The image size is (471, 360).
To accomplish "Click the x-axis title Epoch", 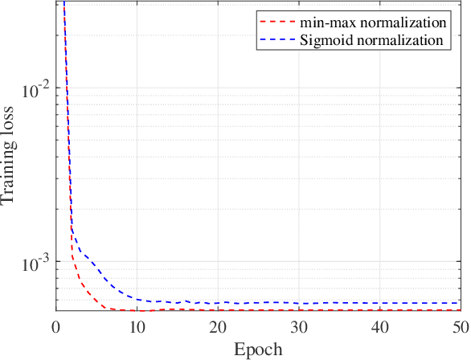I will coord(257,350).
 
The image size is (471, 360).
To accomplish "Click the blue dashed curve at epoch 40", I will coord(379,303).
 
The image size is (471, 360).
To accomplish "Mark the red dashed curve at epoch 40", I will coord(379,310).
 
